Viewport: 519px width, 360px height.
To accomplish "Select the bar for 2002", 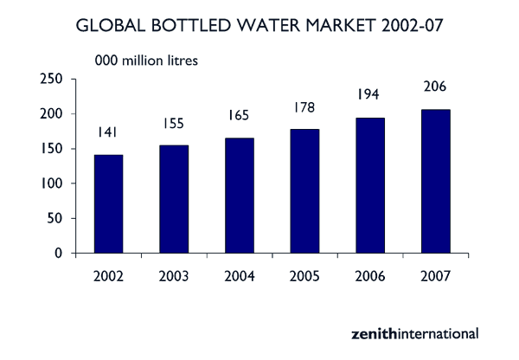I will [108, 204].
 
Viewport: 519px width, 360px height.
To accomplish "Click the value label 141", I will [108, 132].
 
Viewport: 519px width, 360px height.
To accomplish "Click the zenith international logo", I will [414, 332].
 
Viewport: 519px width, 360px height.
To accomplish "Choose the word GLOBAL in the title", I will [109, 25].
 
